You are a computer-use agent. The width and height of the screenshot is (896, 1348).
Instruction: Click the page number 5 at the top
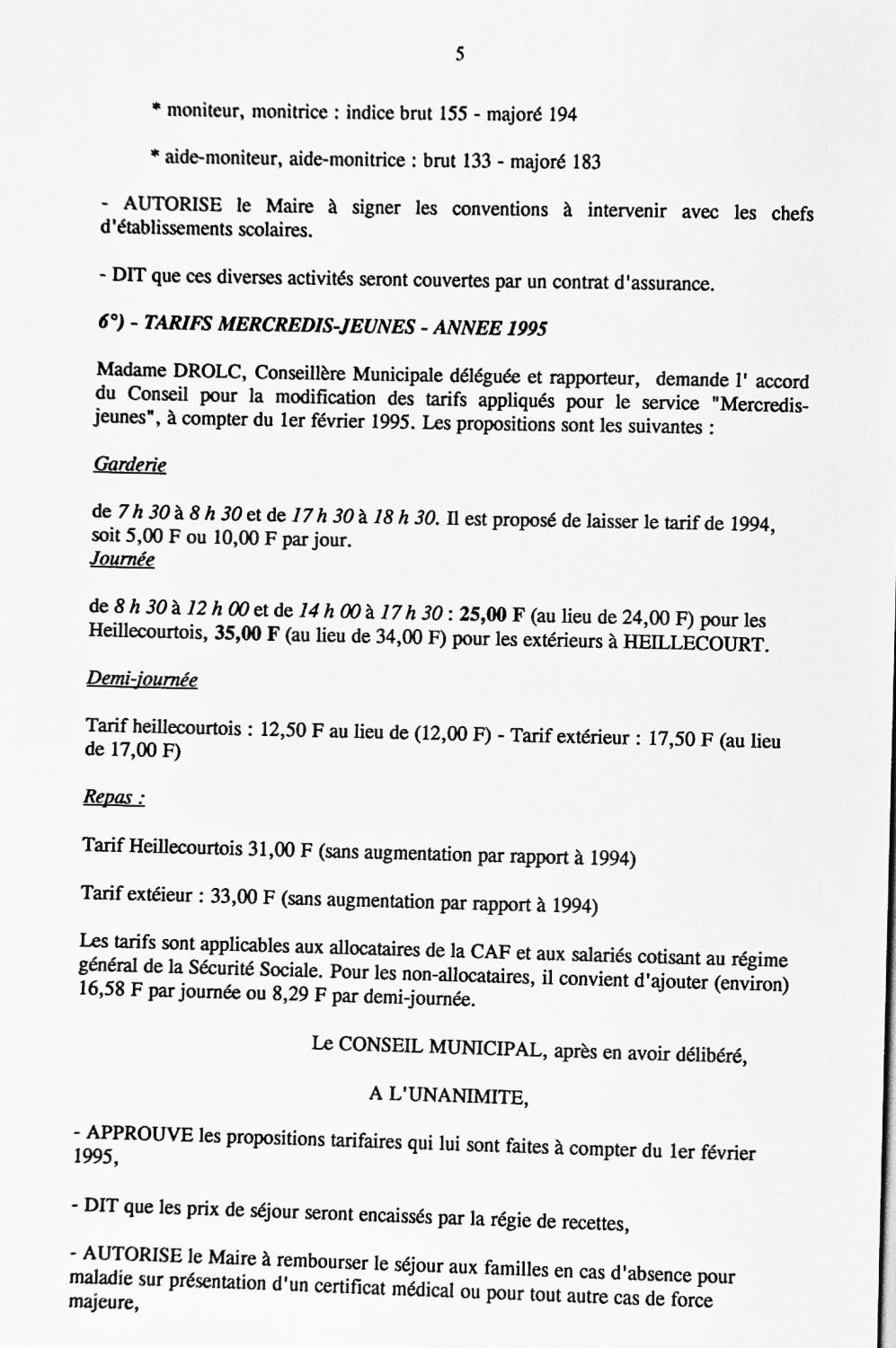tap(460, 54)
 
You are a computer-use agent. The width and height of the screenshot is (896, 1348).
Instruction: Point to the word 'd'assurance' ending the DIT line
tap(663, 284)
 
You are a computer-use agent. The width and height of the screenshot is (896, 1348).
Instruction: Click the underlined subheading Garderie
tap(129, 465)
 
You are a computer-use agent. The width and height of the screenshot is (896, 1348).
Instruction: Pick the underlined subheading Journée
tap(122, 559)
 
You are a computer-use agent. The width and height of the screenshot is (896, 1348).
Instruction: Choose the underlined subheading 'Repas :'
tap(114, 797)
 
